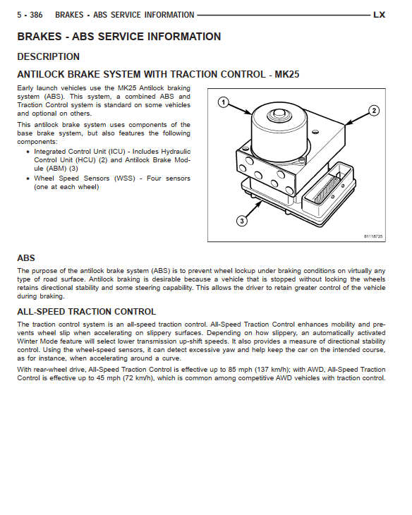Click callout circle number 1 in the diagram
point(224,102)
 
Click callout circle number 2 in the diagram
point(374,110)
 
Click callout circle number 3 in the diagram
point(242,221)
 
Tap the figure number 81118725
point(373,236)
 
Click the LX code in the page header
point(379,15)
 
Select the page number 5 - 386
point(30,15)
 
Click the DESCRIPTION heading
point(48,57)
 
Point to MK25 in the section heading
point(287,74)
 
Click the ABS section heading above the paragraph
point(26,258)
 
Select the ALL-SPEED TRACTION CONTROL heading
point(86,312)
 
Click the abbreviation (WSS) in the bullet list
point(125,178)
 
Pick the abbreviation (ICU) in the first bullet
point(117,152)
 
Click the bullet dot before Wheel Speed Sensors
point(28,179)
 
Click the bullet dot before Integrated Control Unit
point(28,152)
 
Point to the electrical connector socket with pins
point(329,190)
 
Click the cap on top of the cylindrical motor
point(279,114)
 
